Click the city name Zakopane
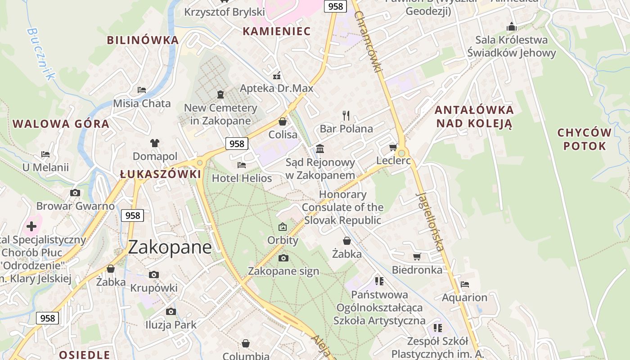tap(170, 247)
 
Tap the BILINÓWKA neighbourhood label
tap(143, 40)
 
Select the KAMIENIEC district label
tap(277, 31)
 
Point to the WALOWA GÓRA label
tap(61, 124)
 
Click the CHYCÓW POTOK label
tap(584, 139)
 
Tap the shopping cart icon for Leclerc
tap(393, 147)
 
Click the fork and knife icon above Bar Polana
tap(346, 116)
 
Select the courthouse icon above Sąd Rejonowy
tap(320, 148)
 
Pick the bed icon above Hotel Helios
tap(242, 165)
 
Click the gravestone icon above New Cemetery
tap(220, 94)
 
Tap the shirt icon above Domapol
tap(155, 143)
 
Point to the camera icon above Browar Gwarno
tap(75, 193)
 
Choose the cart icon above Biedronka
tap(417, 256)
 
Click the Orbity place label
tap(283, 240)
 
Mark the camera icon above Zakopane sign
tap(283, 258)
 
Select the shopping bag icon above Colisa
tap(283, 121)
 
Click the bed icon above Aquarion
tap(465, 284)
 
